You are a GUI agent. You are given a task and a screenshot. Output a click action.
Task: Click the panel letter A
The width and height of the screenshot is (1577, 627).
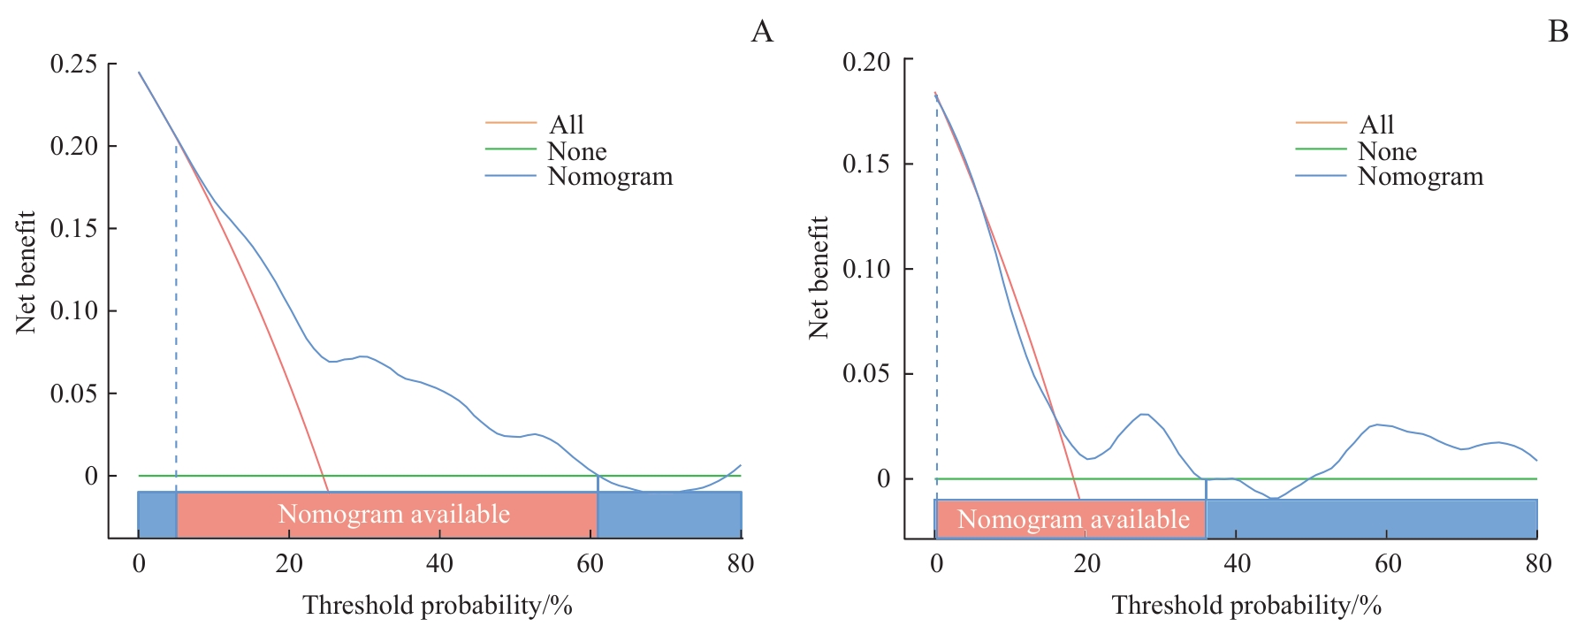(762, 32)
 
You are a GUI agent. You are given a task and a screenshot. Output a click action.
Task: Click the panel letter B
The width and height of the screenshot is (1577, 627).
(1558, 32)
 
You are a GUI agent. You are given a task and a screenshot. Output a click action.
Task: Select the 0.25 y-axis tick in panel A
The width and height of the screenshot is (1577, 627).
(73, 64)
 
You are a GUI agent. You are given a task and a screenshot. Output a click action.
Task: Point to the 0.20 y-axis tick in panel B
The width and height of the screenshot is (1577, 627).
(866, 62)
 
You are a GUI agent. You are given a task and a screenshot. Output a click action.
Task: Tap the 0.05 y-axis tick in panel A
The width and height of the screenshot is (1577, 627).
(73, 394)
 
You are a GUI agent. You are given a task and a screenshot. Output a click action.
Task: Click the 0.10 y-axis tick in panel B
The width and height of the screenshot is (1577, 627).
(866, 269)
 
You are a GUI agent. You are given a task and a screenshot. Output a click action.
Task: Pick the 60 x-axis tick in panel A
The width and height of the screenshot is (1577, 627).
(590, 564)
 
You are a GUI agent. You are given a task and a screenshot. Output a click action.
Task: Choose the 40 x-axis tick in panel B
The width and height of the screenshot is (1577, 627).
(1237, 564)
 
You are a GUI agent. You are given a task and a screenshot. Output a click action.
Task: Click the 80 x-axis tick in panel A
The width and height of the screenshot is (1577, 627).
(741, 564)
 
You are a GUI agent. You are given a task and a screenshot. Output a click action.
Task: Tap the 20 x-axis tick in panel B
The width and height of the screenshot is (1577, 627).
(1086, 564)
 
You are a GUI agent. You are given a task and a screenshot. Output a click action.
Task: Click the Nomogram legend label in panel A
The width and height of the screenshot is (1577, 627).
(610, 177)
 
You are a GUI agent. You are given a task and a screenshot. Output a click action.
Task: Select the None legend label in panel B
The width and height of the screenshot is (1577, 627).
(1387, 151)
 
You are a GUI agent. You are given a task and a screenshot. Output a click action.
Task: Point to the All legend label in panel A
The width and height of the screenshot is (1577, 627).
(567, 125)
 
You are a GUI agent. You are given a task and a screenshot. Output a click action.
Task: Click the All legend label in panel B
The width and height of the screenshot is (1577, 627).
(1376, 125)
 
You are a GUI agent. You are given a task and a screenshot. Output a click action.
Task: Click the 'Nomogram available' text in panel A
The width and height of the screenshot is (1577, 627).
(393, 514)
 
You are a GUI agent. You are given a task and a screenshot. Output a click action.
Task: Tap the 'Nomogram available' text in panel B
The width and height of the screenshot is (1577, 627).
(1073, 519)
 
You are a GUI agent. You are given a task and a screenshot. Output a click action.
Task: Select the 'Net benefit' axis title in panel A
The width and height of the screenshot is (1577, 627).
(26, 272)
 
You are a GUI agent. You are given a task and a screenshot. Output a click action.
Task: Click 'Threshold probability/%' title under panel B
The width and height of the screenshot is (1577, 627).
(1246, 606)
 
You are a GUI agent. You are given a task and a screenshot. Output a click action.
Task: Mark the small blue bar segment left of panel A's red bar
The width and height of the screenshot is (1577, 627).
(157, 515)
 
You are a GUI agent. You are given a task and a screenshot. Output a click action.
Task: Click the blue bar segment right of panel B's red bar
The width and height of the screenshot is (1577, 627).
(1371, 519)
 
